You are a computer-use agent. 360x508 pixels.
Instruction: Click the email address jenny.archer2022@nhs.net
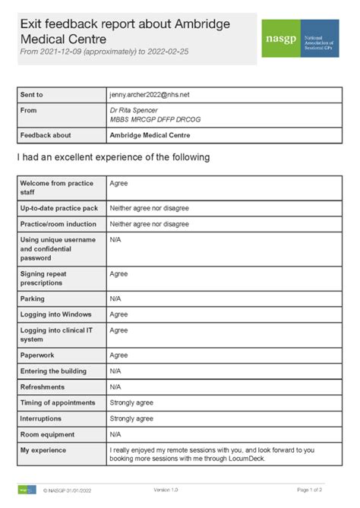point(150,95)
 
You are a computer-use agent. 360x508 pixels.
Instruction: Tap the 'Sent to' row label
point(32,95)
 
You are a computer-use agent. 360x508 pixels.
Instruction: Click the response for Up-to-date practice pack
point(149,207)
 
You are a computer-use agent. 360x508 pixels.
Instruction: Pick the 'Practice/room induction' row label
point(58,224)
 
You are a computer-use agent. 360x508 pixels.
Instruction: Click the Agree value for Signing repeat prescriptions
point(118,273)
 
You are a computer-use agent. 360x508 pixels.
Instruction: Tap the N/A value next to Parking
point(115,298)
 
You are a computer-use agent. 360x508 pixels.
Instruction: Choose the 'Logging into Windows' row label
point(54,314)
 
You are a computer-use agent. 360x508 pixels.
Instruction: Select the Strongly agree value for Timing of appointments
point(131,402)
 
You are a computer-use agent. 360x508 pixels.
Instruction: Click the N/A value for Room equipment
point(115,434)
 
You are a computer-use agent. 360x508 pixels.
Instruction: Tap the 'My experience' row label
point(43,450)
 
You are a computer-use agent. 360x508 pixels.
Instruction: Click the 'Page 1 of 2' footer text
point(309,490)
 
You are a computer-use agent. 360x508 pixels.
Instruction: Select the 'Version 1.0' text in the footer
point(166,490)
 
